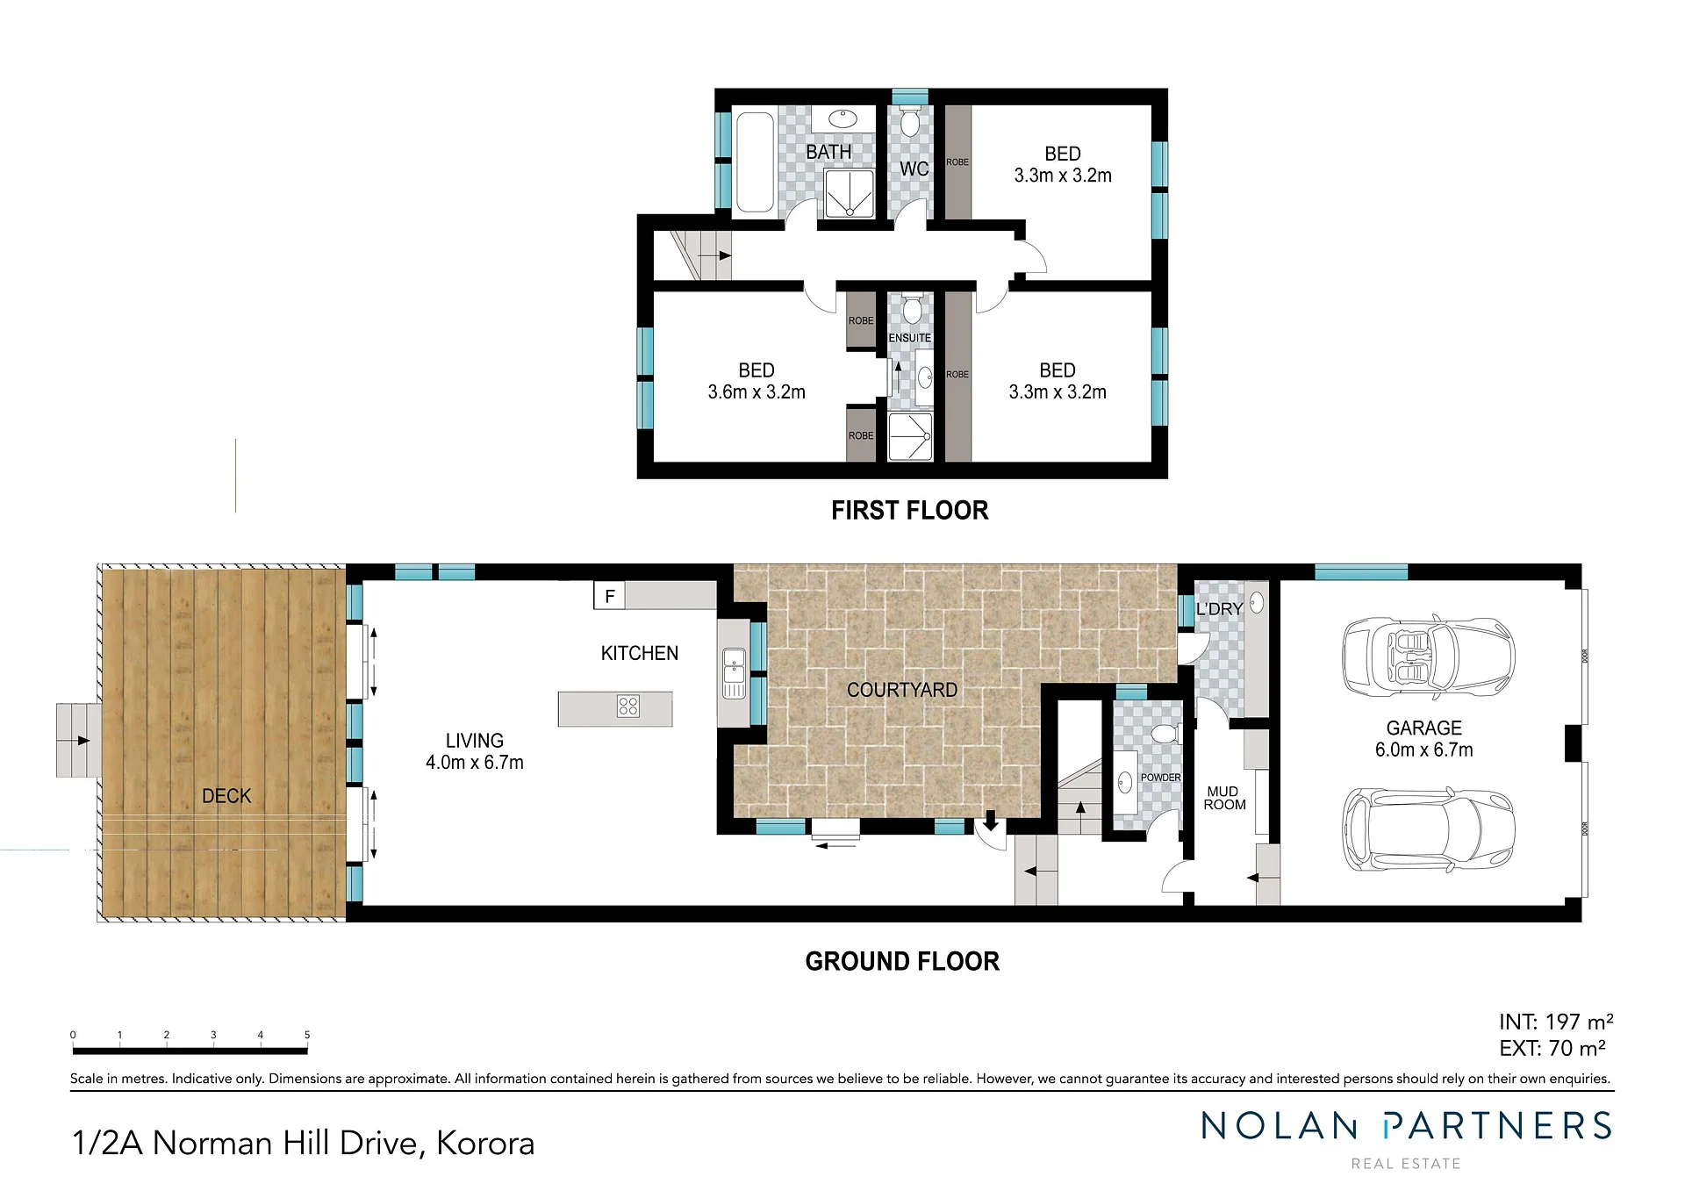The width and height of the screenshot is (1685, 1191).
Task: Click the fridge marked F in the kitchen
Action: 609,596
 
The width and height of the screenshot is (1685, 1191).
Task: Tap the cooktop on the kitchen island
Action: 628,707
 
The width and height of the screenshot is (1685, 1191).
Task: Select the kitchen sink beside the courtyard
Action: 734,673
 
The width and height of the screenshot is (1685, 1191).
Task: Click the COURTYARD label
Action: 902,691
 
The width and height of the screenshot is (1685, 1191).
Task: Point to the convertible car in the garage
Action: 1428,657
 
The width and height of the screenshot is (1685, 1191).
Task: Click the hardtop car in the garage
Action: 1428,829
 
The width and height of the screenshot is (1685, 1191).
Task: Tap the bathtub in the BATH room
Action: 754,161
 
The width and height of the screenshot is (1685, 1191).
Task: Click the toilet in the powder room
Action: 1165,733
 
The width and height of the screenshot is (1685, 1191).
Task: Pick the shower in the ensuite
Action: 910,437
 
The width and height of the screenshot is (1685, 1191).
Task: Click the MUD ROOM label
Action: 1224,798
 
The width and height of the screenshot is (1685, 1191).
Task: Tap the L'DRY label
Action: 1219,608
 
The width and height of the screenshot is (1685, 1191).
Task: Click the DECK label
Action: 226,796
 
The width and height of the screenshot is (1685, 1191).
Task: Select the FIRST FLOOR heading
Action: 910,510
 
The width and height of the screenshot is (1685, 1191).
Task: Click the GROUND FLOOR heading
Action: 902,961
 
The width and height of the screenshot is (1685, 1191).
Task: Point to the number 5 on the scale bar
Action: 307,1035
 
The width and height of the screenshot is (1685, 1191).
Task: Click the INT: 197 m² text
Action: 1556,1022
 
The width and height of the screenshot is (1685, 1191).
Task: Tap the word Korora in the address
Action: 485,1143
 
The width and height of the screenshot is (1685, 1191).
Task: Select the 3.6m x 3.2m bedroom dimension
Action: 756,392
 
